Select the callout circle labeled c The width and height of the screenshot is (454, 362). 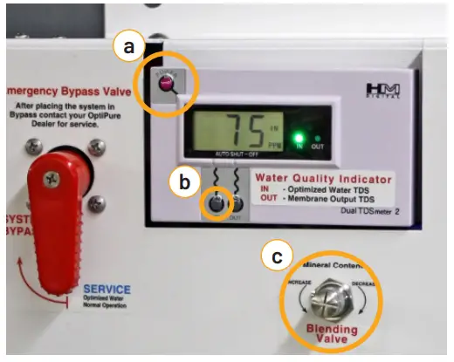pyautogui.click(x=277, y=256)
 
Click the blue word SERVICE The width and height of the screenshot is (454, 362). pyautogui.click(x=107, y=289)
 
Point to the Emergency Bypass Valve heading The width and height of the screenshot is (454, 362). pyautogui.click(x=61, y=89)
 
